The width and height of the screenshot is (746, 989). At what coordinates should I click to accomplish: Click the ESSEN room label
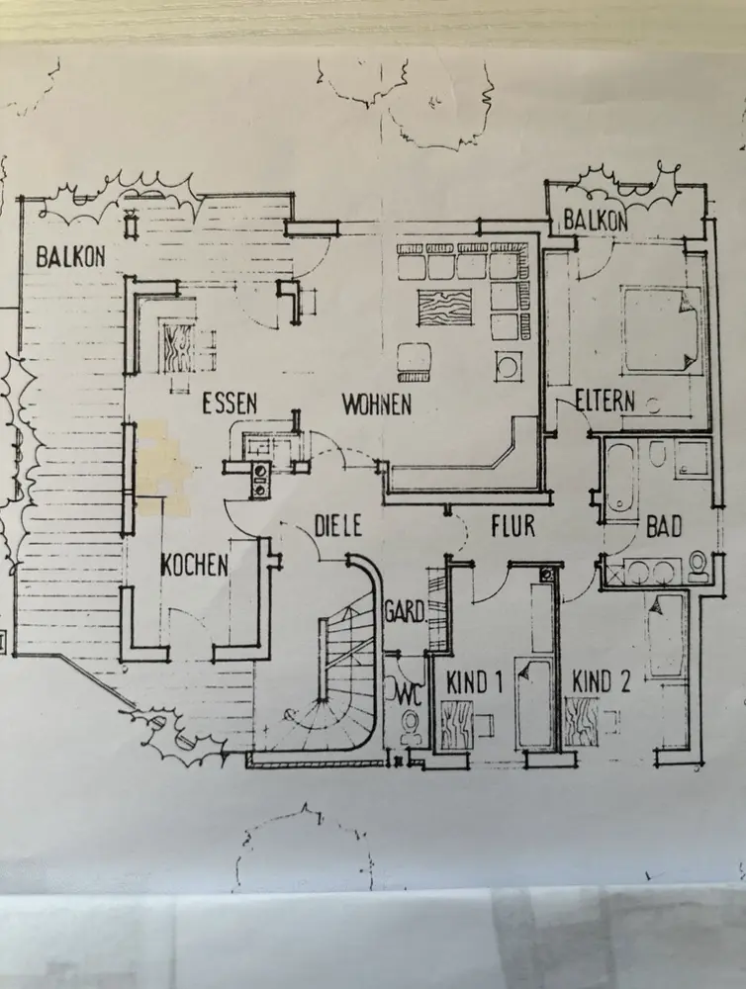pos(230,404)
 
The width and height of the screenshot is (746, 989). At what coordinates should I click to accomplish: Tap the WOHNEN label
pos(377,404)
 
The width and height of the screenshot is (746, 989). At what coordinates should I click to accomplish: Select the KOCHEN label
pos(195,565)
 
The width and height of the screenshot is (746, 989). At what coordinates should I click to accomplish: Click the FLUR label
pos(513,525)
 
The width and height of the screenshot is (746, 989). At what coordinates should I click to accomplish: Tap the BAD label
pos(663,526)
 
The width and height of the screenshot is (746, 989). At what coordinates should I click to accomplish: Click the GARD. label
pos(404,614)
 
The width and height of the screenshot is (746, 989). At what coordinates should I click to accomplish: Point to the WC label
pos(410,692)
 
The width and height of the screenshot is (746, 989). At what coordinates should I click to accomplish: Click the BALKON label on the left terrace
pos(70,257)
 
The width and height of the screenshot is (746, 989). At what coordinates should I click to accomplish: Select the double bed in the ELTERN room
pos(661,330)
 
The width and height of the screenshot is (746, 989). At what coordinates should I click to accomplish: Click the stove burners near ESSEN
pos(261,479)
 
